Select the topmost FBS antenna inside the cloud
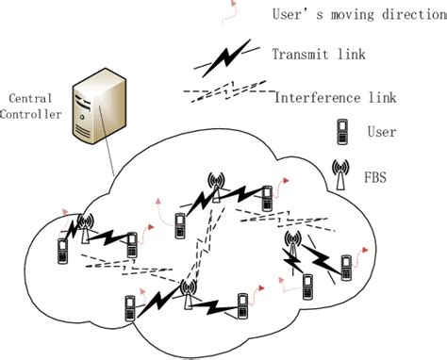[216, 186]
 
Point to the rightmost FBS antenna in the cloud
[293, 245]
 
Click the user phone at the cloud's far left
[63, 251]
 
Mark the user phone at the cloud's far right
[346, 265]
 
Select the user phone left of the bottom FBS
[130, 308]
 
